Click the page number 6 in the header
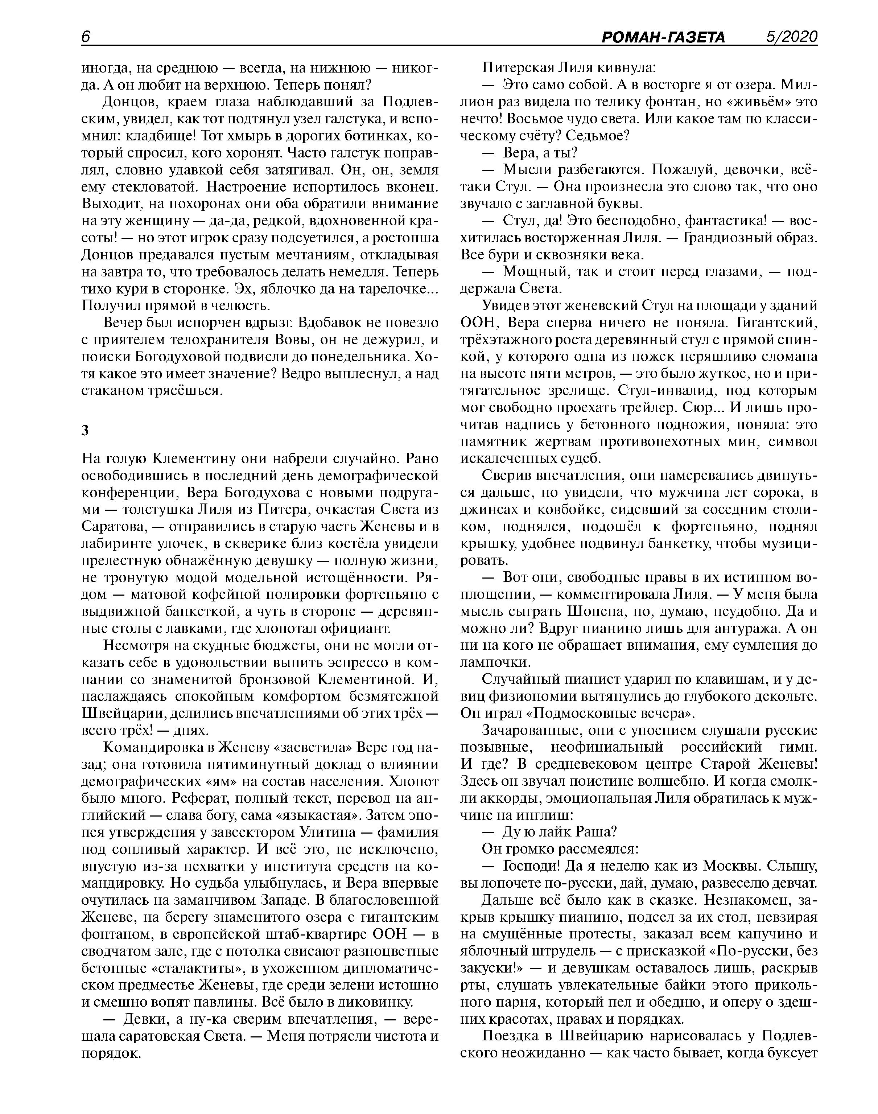pyautogui.click(x=86, y=37)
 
